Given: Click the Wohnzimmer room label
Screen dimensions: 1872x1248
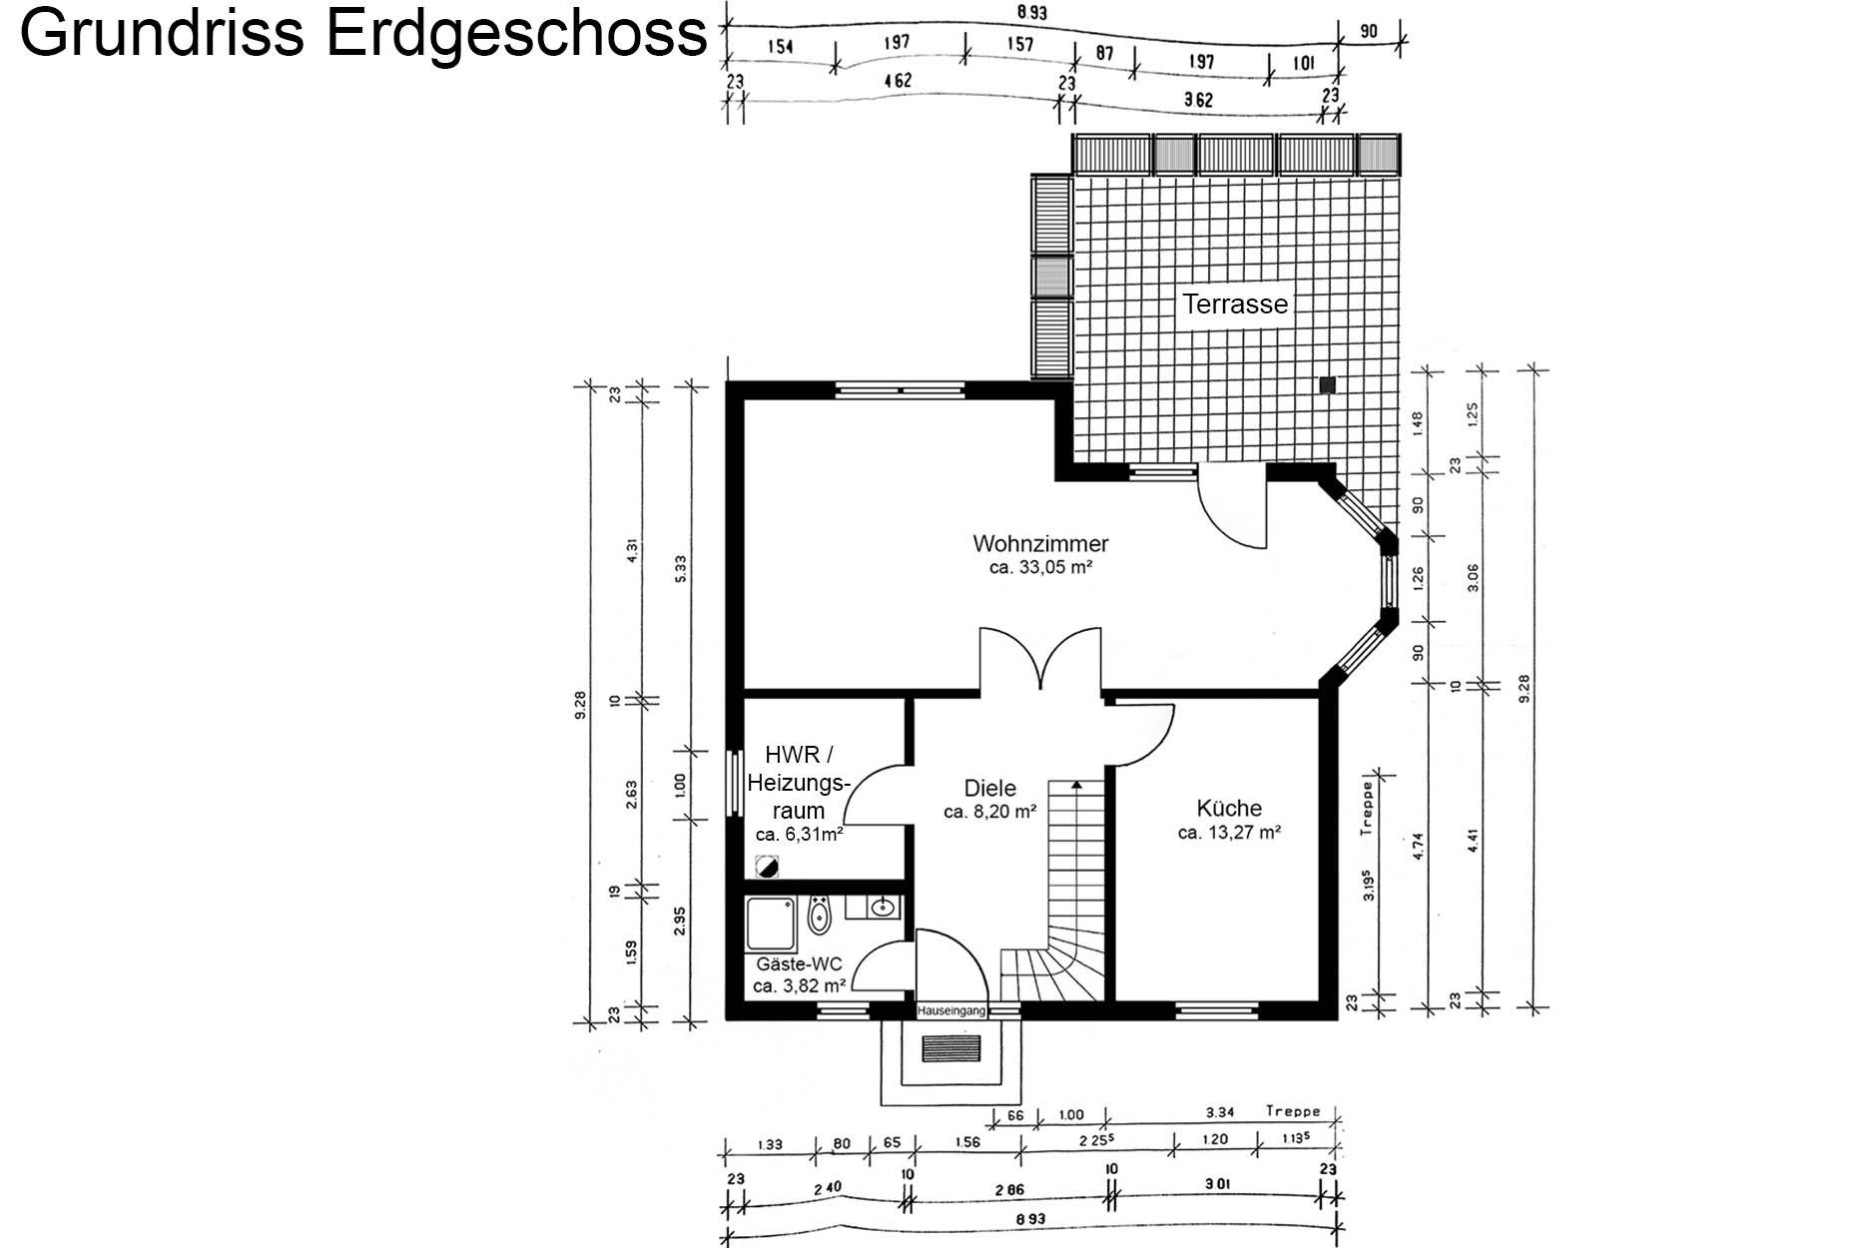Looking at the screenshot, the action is click(1040, 544).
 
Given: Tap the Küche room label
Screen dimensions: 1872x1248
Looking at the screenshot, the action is click(1229, 808).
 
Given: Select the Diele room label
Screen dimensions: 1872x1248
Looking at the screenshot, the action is click(989, 788).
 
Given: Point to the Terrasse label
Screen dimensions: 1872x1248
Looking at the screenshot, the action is click(1235, 304).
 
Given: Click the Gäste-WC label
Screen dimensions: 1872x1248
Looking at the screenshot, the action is click(799, 964).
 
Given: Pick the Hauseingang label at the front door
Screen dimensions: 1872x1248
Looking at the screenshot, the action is click(951, 1010).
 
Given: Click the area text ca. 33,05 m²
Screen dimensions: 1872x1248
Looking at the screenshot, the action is click(1040, 568).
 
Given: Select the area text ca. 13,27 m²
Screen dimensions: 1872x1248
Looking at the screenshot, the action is click(1229, 832).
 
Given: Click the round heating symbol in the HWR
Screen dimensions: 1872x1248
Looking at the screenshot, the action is click(767, 867).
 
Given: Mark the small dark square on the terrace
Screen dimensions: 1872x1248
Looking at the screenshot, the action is click(1328, 384).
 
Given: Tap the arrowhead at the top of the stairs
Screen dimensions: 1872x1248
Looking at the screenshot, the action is click(1076, 786).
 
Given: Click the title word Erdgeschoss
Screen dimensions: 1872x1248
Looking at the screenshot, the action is click(516, 33).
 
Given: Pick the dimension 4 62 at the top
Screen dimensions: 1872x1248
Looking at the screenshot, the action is click(898, 80).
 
